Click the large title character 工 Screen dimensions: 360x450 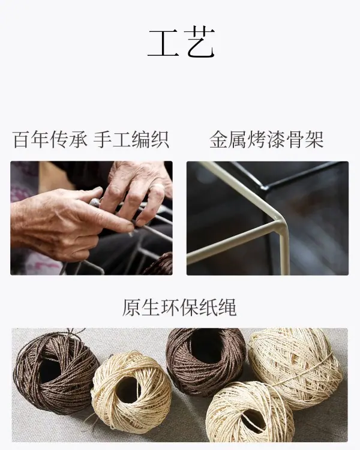[163, 43]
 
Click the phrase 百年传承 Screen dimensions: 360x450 [50, 140]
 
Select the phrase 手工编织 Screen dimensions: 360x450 [131, 140]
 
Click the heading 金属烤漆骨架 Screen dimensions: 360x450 [266, 140]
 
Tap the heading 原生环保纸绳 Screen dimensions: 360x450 [179, 307]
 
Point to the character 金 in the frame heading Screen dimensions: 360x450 [218, 140]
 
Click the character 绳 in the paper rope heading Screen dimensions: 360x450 [227, 307]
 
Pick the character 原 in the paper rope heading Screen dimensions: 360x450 [131, 307]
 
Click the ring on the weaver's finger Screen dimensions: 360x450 [157, 187]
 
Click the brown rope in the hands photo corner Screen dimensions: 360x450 [160, 265]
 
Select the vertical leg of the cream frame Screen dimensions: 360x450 [284, 250]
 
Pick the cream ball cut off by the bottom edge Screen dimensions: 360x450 [249, 413]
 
